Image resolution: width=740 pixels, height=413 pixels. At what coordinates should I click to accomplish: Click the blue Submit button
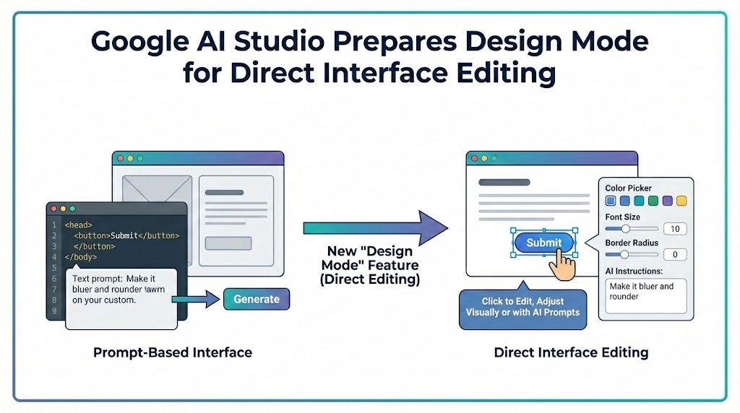(543, 243)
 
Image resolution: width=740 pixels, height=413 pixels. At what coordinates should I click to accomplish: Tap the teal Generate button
(257, 299)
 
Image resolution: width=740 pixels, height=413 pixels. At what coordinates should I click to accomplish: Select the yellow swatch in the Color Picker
(681, 201)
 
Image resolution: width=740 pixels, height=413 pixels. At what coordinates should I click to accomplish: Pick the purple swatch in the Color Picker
(667, 201)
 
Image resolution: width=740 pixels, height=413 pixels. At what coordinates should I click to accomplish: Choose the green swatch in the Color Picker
(653, 201)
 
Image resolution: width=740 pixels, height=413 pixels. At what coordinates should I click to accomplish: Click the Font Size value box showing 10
(675, 229)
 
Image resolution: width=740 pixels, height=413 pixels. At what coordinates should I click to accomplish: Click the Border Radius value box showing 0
(675, 254)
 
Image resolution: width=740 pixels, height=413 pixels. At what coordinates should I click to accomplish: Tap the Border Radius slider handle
(624, 254)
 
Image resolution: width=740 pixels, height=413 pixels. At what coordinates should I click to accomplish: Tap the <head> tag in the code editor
(78, 225)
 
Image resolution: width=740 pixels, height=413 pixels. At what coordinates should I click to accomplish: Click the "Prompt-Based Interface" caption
(173, 353)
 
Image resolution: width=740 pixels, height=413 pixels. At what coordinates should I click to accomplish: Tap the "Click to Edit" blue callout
(522, 307)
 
